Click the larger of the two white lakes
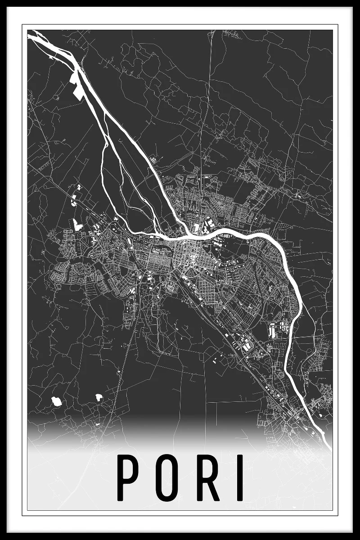[57, 400]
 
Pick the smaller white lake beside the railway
[99, 397]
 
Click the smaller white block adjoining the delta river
[73, 78]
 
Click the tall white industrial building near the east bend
[272, 331]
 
